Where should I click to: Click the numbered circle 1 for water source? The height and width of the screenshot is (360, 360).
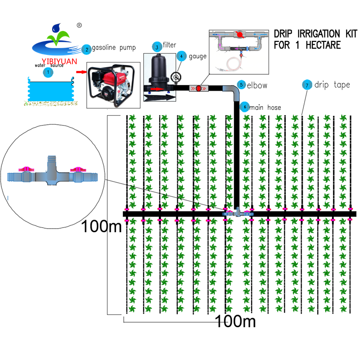[48, 72]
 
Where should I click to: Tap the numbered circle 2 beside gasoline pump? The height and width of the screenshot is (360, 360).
[87, 49]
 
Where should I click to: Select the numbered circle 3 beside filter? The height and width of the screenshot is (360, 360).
[157, 47]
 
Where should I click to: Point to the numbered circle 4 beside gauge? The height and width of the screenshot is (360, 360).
[181, 56]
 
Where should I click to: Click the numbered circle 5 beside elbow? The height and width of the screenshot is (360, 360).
[241, 85]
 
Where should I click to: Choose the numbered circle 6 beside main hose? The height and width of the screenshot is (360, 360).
[245, 107]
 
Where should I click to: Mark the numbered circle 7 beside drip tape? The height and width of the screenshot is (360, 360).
[307, 85]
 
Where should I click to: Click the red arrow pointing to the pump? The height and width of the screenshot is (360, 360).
[81, 72]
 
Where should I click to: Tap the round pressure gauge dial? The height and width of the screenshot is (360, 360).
[176, 77]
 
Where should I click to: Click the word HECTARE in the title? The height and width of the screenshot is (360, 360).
[323, 45]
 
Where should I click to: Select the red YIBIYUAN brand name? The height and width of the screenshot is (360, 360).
[59, 61]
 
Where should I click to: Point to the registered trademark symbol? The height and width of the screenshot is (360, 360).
[79, 25]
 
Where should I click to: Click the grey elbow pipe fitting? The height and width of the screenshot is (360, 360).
[232, 92]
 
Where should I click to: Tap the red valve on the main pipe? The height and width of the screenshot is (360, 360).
[198, 88]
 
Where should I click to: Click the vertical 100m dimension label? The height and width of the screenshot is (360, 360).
[101, 226]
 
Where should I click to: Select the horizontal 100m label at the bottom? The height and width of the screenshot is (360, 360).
[235, 321]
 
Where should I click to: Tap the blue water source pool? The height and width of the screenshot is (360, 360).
[51, 90]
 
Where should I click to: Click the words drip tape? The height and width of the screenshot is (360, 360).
[332, 85]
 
